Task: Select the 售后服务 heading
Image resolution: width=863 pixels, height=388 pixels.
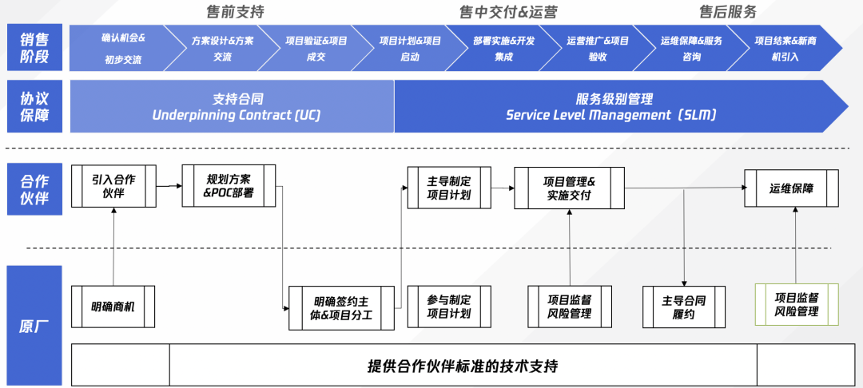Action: point(727,12)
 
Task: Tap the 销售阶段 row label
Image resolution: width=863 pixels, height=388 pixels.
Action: point(34,47)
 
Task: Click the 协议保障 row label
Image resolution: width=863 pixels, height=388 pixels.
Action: point(34,106)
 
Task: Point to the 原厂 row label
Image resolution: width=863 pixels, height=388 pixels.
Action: point(34,326)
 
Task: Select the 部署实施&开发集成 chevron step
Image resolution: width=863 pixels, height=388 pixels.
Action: point(503,48)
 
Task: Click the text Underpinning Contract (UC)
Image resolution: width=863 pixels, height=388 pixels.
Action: point(237,115)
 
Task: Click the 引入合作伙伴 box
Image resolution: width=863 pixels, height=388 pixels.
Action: point(113,186)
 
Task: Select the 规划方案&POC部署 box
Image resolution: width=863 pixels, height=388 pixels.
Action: point(229,186)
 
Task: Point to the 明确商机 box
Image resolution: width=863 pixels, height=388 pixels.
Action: point(113,307)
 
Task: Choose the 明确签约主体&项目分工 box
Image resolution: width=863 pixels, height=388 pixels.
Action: point(342,307)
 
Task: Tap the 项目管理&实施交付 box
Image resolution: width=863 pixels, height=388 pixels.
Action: point(569,188)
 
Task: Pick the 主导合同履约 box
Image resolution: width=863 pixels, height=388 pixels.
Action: point(684,307)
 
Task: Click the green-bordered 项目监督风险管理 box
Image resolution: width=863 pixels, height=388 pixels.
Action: point(797,304)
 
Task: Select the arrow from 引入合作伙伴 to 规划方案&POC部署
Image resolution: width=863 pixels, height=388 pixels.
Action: point(169,186)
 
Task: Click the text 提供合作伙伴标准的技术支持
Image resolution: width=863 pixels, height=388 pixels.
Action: point(463,366)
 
